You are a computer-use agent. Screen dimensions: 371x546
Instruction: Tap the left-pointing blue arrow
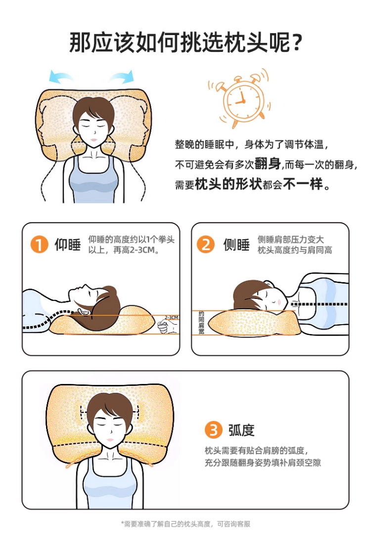(x=61, y=76)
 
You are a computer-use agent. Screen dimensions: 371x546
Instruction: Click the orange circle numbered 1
(x=39, y=245)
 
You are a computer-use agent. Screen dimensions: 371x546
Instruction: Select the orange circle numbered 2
(x=206, y=245)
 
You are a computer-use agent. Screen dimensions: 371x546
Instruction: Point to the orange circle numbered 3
(x=213, y=430)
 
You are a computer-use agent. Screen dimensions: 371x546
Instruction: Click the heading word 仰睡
(x=68, y=245)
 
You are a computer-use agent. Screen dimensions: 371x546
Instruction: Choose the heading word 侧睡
(x=236, y=245)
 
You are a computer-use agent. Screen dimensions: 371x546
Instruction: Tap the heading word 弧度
(x=241, y=430)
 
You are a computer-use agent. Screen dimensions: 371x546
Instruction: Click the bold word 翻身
(x=268, y=164)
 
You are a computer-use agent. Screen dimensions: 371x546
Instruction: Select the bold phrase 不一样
(x=303, y=184)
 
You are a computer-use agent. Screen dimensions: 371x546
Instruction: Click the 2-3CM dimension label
(x=172, y=317)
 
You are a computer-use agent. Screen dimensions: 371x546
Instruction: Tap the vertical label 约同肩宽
(x=201, y=323)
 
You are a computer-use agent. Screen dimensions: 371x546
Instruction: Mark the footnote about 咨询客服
(x=185, y=524)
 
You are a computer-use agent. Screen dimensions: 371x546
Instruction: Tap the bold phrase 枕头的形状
(x=229, y=184)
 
